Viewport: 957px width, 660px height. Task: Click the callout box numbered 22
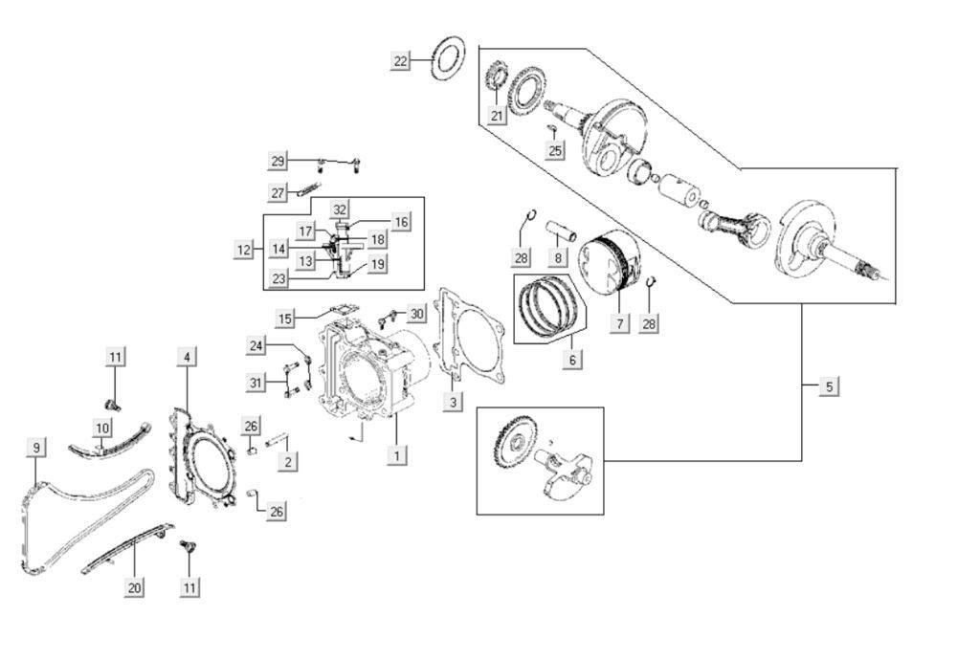tap(400, 61)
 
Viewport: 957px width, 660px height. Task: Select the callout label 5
tap(830, 386)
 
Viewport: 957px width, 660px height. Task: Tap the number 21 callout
tap(496, 116)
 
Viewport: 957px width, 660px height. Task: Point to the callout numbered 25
tap(555, 150)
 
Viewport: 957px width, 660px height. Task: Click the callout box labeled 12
tap(245, 250)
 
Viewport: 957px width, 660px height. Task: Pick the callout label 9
tap(36, 447)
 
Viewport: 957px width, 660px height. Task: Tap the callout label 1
tap(394, 455)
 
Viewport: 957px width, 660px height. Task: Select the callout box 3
tap(453, 403)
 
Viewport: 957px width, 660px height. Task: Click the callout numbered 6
tap(572, 360)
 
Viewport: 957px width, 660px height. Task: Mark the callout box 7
tap(619, 324)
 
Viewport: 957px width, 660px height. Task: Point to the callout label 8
tap(554, 257)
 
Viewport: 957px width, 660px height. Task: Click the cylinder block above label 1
tap(368, 373)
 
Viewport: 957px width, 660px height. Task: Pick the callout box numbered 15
tap(286, 318)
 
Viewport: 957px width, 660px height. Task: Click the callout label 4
tap(187, 357)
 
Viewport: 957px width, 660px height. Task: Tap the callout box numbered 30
tap(415, 314)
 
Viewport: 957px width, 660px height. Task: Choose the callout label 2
tap(286, 462)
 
